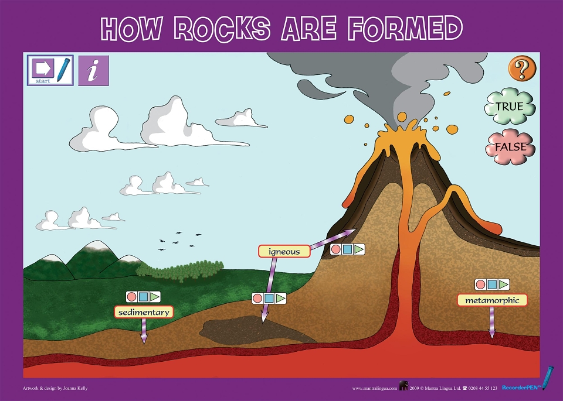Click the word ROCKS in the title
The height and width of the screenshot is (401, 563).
point(222,28)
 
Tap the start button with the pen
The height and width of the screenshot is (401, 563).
point(50,70)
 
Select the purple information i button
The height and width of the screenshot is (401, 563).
point(93,70)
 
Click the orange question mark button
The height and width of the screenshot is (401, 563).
point(522,68)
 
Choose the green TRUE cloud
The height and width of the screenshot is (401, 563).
point(510,107)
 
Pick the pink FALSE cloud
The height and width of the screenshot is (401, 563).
point(510,147)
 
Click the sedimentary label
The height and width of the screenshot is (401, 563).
point(144,312)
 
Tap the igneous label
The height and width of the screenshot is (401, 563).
point(284,251)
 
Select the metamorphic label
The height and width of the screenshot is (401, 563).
point(492,300)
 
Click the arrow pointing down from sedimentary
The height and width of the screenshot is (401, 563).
point(144,331)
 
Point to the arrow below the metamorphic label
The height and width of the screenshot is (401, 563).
point(492,322)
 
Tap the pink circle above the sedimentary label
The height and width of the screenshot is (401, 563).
point(132,297)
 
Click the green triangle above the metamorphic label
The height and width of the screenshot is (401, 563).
point(503,285)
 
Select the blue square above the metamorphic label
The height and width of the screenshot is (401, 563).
point(492,285)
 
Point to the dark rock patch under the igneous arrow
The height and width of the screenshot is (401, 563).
point(252,330)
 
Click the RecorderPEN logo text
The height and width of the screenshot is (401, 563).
point(522,388)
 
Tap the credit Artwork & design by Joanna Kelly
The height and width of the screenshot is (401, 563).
point(55,388)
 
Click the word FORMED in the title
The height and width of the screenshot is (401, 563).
point(405,28)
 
